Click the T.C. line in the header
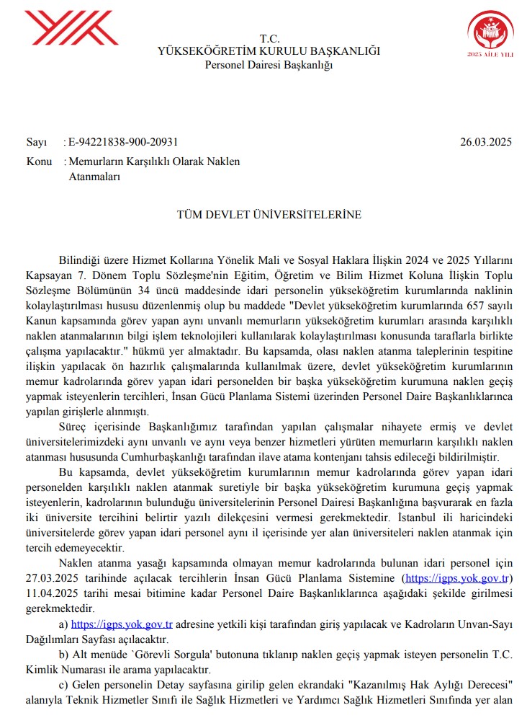coord(269,38)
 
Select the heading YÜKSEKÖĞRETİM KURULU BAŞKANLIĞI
coord(269,51)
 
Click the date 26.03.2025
coord(486,142)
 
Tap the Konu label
coord(39,161)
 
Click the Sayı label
coord(36,142)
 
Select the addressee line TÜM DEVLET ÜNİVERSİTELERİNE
coord(269,215)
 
